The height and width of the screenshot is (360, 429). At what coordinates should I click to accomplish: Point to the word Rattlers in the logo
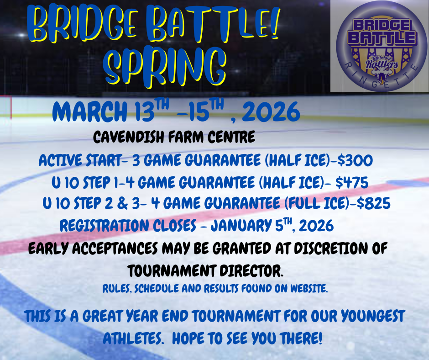pyautogui.click(x=382, y=65)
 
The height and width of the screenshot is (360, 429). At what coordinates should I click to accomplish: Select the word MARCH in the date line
pyautogui.click(x=89, y=111)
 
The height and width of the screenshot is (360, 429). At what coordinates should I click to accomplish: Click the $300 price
pyautogui.click(x=355, y=160)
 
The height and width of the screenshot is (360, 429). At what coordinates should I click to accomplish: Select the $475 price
pyautogui.click(x=352, y=182)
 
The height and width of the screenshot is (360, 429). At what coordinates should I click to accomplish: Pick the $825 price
pyautogui.click(x=373, y=203)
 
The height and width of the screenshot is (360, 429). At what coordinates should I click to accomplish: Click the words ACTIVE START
pyautogui.click(x=80, y=160)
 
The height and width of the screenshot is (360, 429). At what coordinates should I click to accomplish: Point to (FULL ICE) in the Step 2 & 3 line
pyautogui.click(x=317, y=203)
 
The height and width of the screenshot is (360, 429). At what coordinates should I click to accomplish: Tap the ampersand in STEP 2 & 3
pyautogui.click(x=123, y=204)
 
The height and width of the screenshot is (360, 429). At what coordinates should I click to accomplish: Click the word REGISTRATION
pyautogui.click(x=105, y=226)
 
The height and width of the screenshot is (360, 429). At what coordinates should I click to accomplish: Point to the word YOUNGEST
pyautogui.click(x=373, y=316)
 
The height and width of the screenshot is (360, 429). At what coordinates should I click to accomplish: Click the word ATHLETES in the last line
pyautogui.click(x=132, y=339)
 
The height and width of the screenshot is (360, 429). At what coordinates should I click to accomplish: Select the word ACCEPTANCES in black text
pyautogui.click(x=115, y=249)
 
